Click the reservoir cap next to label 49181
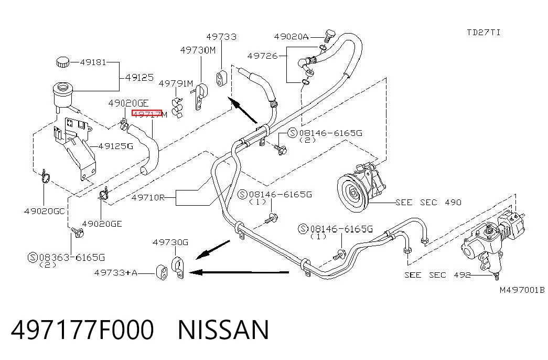[62, 62]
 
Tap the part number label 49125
[139, 77]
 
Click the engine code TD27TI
[483, 33]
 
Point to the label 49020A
[292, 37]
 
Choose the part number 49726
[262, 56]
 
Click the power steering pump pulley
[353, 193]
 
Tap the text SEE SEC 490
[428, 202]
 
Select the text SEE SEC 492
[437, 275]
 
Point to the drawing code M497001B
[522, 290]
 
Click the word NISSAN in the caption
[224, 330]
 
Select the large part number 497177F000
[82, 330]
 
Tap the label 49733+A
[116, 272]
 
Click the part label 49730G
[170, 242]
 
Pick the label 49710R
[148, 198]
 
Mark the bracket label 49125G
[116, 146]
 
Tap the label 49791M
[176, 83]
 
